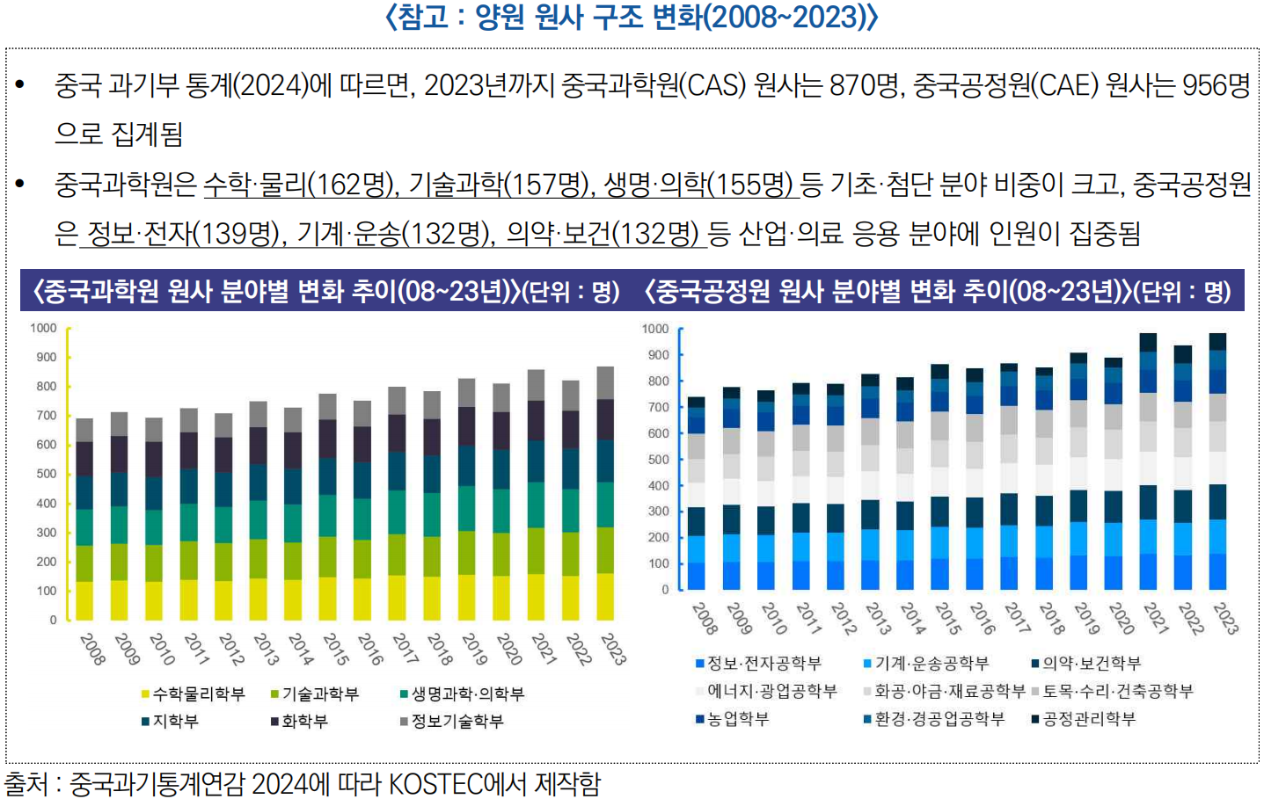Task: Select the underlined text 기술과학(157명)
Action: [499, 184]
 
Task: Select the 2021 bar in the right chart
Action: [1148, 461]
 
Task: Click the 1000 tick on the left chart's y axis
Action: [43, 328]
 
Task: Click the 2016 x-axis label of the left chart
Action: [370, 649]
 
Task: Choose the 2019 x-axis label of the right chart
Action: [1087, 618]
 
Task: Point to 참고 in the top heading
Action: [423, 17]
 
